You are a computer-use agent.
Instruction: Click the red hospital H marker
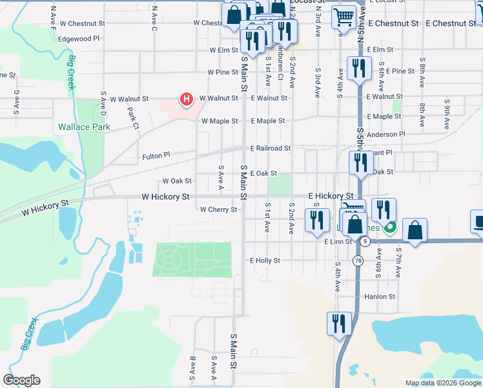(186, 100)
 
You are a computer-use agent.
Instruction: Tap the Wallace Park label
(84, 127)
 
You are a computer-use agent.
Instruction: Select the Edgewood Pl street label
(79, 39)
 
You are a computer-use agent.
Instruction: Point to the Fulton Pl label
(156, 156)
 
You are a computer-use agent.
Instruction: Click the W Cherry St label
(219, 210)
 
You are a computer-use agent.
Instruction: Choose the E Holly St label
(265, 261)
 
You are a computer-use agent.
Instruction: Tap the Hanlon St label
(380, 297)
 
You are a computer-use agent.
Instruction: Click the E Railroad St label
(271, 148)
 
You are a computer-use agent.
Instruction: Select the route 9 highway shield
(365, 241)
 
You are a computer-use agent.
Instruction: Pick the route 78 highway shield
(358, 260)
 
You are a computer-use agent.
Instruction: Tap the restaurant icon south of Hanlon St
(338, 323)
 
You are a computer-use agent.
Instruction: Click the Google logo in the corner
(21, 380)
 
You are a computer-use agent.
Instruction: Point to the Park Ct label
(134, 118)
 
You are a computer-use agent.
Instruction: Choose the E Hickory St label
(330, 195)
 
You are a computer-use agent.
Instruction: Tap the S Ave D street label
(103, 102)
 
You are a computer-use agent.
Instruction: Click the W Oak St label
(177, 181)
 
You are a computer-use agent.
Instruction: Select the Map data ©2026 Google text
(442, 383)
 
